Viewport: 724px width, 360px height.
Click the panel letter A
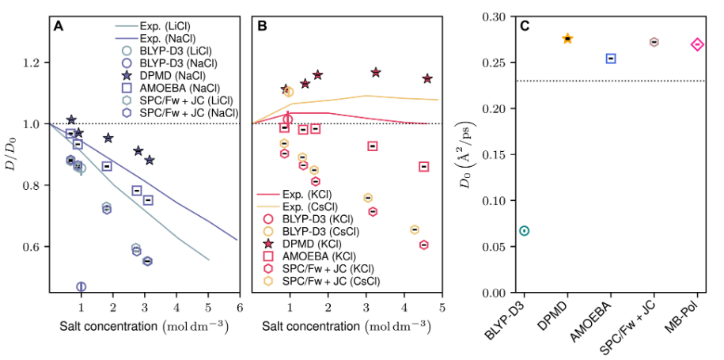point(59,26)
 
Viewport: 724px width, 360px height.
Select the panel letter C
point(525,26)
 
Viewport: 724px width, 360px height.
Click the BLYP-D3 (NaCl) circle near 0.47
point(81,286)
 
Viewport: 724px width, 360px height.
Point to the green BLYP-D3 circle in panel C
point(524,230)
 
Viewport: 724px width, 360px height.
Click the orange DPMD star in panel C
point(567,38)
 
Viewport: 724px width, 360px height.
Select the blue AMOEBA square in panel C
point(611,59)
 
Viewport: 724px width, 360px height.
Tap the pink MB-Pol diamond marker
point(697,45)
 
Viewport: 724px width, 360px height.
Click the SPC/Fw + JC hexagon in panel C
point(654,42)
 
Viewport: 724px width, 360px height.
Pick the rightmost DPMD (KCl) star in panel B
point(427,78)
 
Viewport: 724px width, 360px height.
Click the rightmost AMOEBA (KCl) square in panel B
point(424,166)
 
